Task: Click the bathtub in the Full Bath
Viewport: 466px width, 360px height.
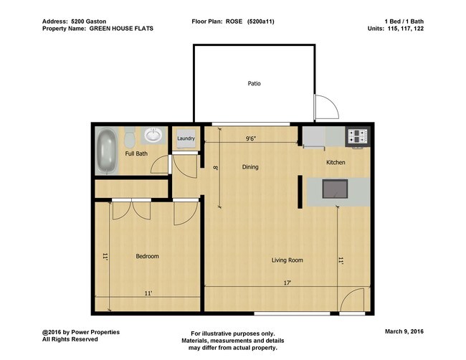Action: pyautogui.click(x=108, y=151)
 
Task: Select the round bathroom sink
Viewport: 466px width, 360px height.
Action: pyautogui.click(x=153, y=135)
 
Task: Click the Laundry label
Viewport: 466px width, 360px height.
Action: pyautogui.click(x=186, y=138)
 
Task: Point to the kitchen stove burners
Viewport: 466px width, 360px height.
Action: pyautogui.click(x=357, y=134)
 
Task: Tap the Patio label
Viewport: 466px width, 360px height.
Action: pyautogui.click(x=254, y=84)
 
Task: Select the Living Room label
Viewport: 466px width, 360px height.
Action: pyautogui.click(x=287, y=260)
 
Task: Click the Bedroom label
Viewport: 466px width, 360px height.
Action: pyautogui.click(x=147, y=256)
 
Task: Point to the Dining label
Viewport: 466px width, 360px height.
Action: pyautogui.click(x=249, y=167)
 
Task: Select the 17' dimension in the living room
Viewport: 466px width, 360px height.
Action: pyautogui.click(x=286, y=283)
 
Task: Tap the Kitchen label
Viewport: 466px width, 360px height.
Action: pyautogui.click(x=336, y=163)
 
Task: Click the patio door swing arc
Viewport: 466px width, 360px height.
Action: pyautogui.click(x=327, y=108)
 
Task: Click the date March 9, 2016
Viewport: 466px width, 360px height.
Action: pyautogui.click(x=404, y=333)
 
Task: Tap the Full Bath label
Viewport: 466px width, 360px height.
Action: pyautogui.click(x=136, y=153)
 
